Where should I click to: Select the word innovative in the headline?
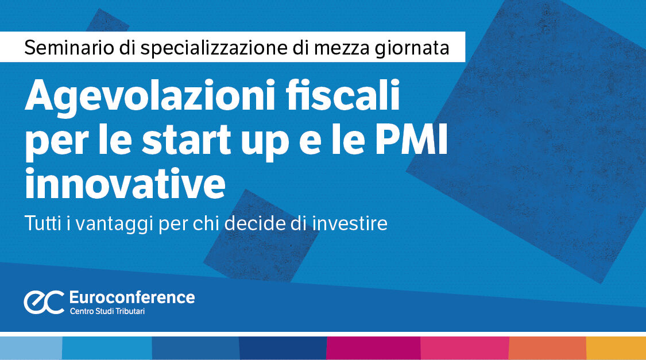[125, 183]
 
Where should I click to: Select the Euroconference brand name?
[131, 297]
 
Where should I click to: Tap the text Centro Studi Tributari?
[107, 312]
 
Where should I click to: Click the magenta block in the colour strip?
[373, 348]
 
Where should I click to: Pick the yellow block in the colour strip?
[616, 348]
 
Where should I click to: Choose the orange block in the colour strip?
[547, 348]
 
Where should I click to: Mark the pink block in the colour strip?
[465, 348]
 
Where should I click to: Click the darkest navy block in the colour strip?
[283, 348]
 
